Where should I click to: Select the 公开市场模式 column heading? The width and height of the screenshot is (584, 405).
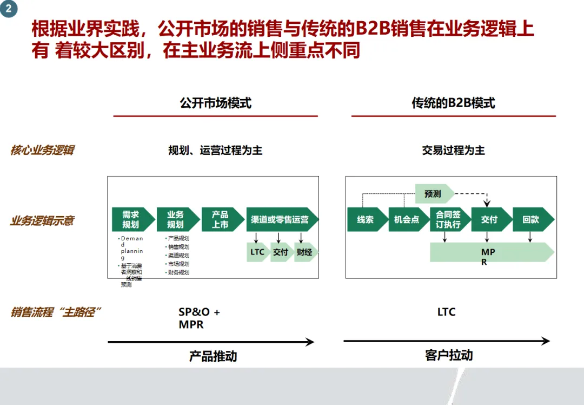click(x=215, y=103)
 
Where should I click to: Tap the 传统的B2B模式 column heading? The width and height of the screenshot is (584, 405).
click(x=453, y=103)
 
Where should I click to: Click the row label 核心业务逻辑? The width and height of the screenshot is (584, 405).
click(x=42, y=150)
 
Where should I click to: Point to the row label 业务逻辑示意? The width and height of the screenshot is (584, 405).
click(x=42, y=220)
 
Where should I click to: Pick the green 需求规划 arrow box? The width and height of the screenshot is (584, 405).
click(x=130, y=219)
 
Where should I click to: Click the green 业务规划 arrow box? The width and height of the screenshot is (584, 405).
click(x=175, y=219)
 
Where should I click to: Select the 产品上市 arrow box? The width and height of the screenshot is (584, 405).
click(x=220, y=219)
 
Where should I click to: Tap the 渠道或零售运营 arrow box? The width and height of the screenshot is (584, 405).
click(x=280, y=219)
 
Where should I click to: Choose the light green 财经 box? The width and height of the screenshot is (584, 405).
click(x=305, y=252)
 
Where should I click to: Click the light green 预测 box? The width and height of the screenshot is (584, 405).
click(x=433, y=193)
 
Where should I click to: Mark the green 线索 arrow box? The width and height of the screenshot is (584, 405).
click(x=366, y=219)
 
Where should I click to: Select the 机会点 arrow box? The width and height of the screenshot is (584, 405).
click(x=407, y=219)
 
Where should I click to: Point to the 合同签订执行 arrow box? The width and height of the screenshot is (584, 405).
click(x=448, y=219)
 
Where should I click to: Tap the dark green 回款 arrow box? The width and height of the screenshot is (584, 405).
click(x=531, y=219)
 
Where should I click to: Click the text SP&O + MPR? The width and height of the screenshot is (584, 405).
click(x=200, y=318)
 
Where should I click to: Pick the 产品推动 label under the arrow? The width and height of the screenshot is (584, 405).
click(x=213, y=356)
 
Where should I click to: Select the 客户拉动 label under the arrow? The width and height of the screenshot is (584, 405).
click(x=449, y=355)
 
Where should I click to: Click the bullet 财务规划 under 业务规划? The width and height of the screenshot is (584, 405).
click(x=178, y=272)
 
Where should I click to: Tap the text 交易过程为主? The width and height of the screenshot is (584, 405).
click(x=453, y=150)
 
